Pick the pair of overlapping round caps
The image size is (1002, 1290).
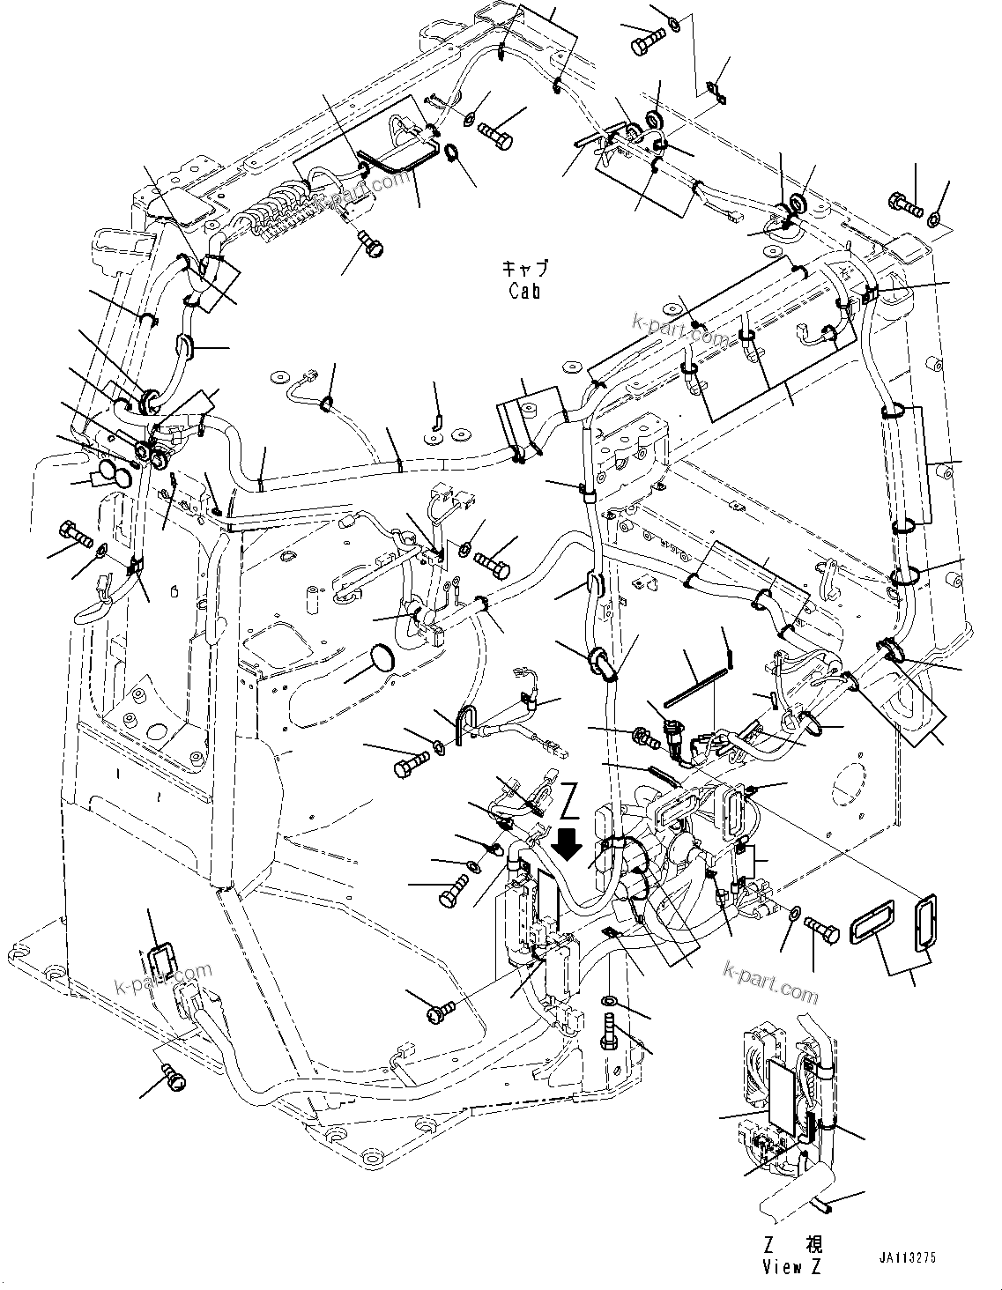[115, 474]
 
